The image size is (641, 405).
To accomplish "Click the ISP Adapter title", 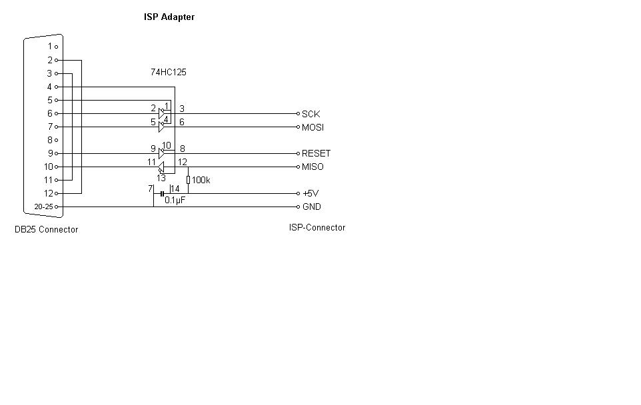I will [x=169, y=17].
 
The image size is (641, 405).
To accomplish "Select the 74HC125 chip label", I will [x=169, y=72].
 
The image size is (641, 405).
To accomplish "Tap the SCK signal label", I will [x=311, y=114].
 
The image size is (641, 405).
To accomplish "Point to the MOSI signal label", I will [x=313, y=127].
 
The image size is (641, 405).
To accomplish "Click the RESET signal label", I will [x=316, y=153].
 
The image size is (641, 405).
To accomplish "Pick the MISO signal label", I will [x=313, y=167].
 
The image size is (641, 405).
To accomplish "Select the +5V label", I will [x=311, y=194].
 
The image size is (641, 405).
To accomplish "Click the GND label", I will [x=311, y=207].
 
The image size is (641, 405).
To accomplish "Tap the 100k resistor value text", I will [x=201, y=180].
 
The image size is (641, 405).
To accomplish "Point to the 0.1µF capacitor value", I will [x=175, y=200].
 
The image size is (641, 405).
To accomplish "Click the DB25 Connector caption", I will [x=47, y=230].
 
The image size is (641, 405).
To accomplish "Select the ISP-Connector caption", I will [x=317, y=228].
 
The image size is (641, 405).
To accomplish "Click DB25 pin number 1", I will [x=49, y=47].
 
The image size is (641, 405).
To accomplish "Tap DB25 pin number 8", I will [x=49, y=140].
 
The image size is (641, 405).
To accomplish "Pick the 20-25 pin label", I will [x=43, y=207].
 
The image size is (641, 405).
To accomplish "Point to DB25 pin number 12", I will [x=48, y=193].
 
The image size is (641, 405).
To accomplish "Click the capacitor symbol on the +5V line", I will [x=163, y=193].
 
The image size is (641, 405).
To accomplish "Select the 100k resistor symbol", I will [x=188, y=180].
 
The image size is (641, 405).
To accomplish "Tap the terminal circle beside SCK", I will [x=298, y=114].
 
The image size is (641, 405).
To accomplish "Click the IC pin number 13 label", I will [x=161, y=179].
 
